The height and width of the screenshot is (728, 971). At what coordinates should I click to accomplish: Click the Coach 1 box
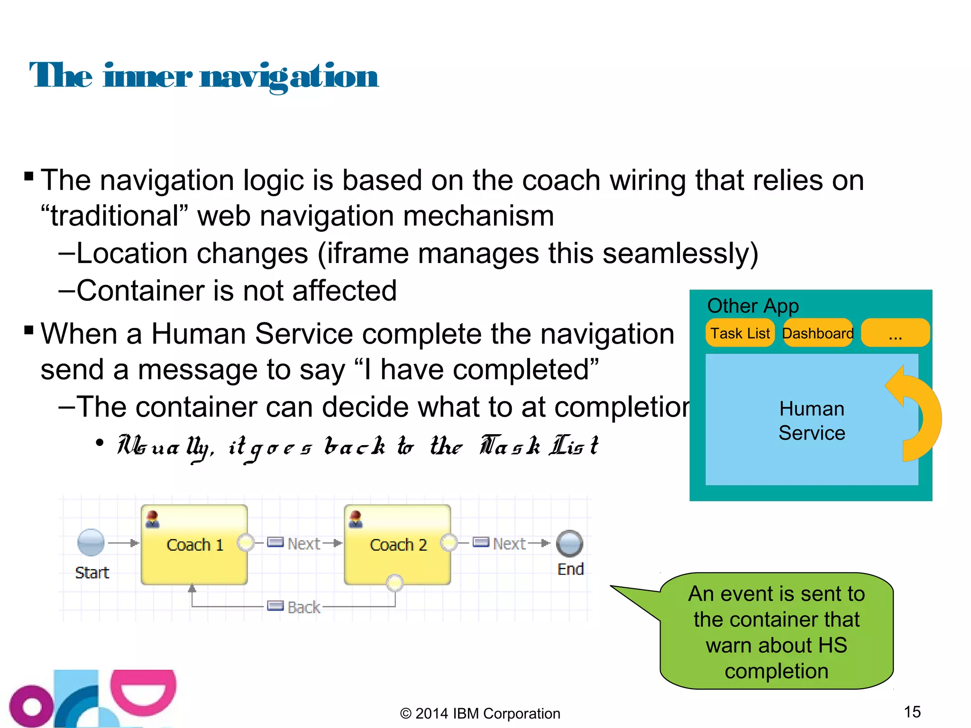click(194, 545)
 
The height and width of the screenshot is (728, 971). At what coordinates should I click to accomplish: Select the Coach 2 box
click(398, 545)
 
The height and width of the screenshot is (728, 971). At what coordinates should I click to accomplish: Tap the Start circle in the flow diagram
click(91, 542)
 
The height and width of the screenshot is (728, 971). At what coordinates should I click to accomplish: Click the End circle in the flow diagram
click(569, 543)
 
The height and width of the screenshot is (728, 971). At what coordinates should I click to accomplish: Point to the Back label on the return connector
click(303, 607)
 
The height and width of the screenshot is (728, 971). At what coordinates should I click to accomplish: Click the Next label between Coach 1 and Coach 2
click(303, 544)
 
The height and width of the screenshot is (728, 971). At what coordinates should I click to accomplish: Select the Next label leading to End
click(509, 544)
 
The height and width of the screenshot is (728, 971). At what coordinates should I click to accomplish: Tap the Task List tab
click(740, 333)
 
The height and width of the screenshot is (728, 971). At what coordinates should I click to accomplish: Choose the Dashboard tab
click(818, 333)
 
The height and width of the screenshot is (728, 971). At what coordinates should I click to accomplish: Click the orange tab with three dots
click(895, 333)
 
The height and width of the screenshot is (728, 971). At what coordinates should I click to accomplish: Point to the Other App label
click(753, 306)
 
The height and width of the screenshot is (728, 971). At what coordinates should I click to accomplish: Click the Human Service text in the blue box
click(812, 421)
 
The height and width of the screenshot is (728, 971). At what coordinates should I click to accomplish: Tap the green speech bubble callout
click(776, 631)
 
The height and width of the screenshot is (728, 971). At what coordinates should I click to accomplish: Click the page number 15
click(912, 711)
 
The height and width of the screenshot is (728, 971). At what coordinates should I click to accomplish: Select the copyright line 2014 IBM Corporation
click(480, 713)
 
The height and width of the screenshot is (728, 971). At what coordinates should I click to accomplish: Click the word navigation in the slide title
click(289, 76)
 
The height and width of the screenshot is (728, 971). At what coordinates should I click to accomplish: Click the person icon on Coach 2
click(356, 519)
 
